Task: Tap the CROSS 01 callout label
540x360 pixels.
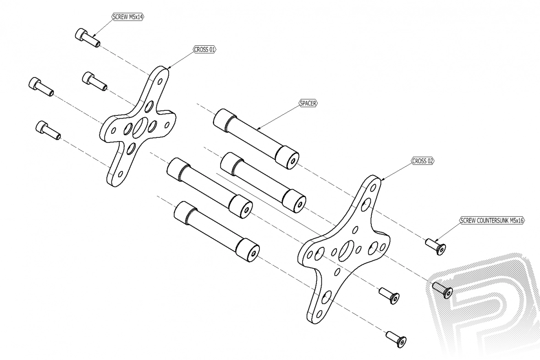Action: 205,49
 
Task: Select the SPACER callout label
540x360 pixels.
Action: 309,104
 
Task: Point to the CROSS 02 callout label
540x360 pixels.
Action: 423,161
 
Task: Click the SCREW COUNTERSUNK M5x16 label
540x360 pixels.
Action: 492,220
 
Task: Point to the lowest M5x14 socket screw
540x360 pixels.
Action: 48,130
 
